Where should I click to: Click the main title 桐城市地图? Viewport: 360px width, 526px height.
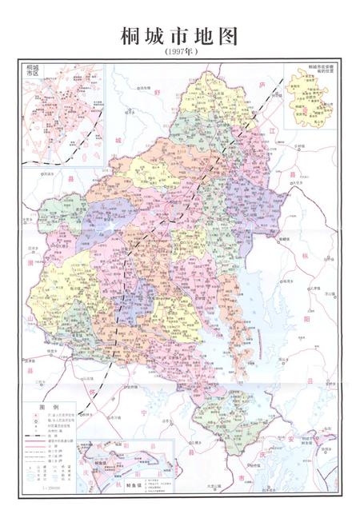coord(179,35)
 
